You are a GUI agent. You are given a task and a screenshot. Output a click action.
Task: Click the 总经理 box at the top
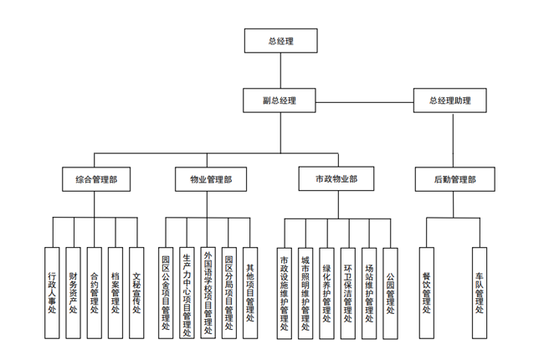click(x=280, y=40)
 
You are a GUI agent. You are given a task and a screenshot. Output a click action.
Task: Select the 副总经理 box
click(x=280, y=100)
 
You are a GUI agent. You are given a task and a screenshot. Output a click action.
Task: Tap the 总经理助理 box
click(x=449, y=100)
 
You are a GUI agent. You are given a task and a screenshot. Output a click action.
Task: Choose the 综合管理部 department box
click(x=96, y=179)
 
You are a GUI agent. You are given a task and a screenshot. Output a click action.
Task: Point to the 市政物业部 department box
click(x=336, y=179)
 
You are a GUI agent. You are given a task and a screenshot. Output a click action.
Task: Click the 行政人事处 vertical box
click(x=52, y=292)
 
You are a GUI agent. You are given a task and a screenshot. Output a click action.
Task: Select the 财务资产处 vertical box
click(x=74, y=292)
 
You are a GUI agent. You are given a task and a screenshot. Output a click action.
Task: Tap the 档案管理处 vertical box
click(x=115, y=292)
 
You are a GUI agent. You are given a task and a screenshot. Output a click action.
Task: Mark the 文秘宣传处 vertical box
click(x=136, y=292)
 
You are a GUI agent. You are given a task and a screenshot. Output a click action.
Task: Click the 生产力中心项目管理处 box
click(x=187, y=292)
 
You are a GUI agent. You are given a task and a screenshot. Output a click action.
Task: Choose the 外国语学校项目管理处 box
click(x=208, y=292)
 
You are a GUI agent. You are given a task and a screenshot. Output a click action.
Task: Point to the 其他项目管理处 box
click(x=249, y=292)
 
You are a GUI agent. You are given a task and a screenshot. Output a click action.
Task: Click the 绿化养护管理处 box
click(x=326, y=292)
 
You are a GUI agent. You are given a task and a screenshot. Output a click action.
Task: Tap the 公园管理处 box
click(x=390, y=292)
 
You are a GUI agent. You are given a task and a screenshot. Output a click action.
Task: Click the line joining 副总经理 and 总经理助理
click(x=365, y=101)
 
